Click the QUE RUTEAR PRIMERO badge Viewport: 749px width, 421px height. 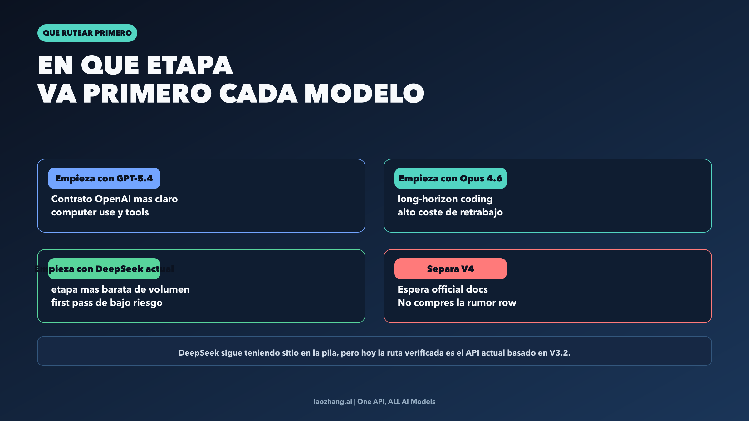click(x=87, y=33)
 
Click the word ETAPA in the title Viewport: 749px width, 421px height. click(x=189, y=65)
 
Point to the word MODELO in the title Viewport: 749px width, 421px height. click(x=364, y=93)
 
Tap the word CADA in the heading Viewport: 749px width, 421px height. click(x=258, y=93)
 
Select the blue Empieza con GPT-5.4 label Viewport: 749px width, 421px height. click(x=104, y=178)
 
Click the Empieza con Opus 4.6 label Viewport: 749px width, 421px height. click(x=450, y=178)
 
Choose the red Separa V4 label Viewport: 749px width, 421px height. click(x=450, y=269)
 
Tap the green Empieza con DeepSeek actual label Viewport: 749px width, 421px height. click(x=104, y=269)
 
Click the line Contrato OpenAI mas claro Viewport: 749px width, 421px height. click(x=114, y=199)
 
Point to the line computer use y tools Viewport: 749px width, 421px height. click(x=100, y=212)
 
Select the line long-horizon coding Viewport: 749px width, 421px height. click(x=445, y=199)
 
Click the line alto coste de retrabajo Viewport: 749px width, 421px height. click(x=450, y=212)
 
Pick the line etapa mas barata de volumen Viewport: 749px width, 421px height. click(x=120, y=289)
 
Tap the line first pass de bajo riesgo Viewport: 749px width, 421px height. click(x=107, y=303)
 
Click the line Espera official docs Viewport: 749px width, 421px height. click(x=443, y=289)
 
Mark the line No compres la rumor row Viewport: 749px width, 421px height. click(x=457, y=303)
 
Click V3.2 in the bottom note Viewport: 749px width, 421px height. click(x=560, y=353)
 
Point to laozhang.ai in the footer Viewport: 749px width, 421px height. click(x=333, y=402)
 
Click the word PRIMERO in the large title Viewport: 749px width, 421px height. click(x=148, y=93)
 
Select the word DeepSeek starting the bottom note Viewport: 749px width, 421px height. click(x=198, y=353)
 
